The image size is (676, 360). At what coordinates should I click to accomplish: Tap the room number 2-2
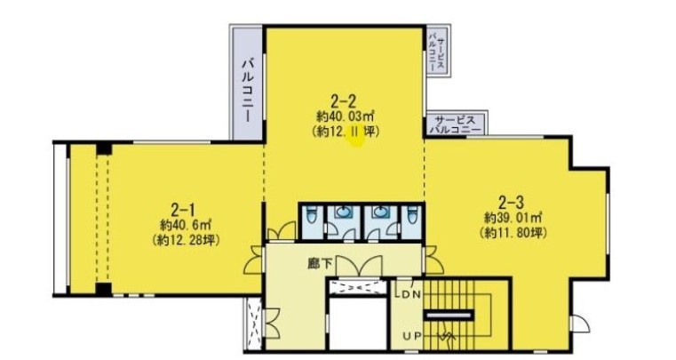(344, 101)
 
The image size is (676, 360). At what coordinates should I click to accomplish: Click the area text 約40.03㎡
(345, 116)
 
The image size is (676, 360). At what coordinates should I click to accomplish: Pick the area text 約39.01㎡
(513, 216)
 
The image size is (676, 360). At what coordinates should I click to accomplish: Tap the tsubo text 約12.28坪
(186, 240)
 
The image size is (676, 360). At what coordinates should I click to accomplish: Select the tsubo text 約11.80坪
(513, 233)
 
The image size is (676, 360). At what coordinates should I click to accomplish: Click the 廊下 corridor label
(320, 263)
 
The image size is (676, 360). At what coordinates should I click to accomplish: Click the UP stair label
(411, 335)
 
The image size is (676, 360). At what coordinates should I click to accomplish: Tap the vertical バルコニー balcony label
(248, 91)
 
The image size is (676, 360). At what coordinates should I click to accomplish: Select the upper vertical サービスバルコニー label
(436, 54)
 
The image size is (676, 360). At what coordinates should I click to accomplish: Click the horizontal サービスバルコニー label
(456, 124)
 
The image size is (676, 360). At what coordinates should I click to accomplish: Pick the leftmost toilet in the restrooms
(311, 215)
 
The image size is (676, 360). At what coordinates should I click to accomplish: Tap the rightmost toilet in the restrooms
(412, 215)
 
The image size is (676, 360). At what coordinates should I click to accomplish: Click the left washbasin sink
(343, 212)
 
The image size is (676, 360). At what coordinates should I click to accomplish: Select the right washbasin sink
(381, 212)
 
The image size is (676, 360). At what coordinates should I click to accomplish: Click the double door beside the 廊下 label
(359, 266)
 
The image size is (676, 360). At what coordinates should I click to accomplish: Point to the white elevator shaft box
(357, 323)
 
